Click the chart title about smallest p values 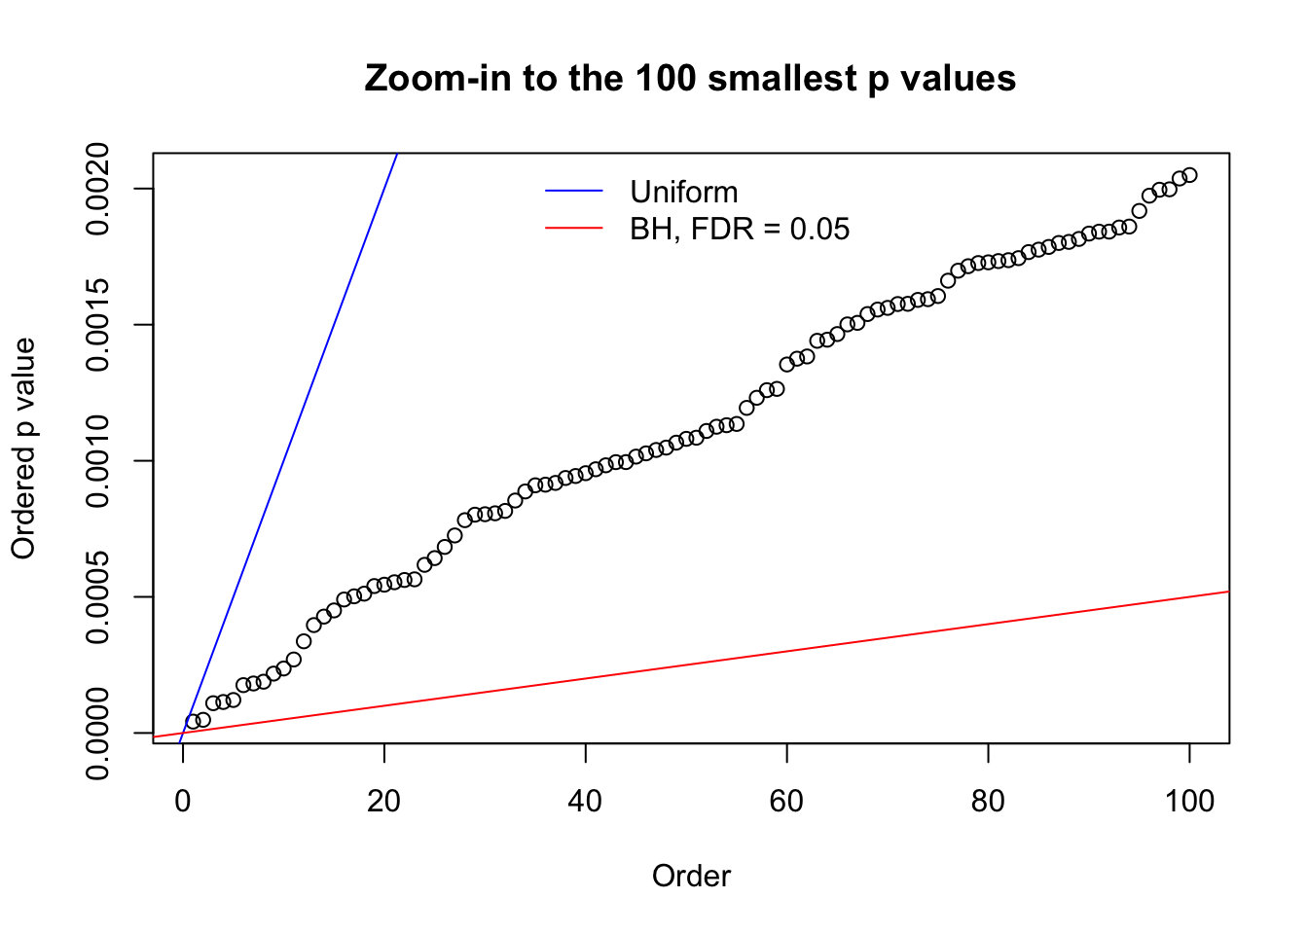point(690,78)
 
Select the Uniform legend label point(683,192)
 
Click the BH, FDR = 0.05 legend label point(740,229)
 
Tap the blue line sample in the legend point(574,192)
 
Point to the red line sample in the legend point(574,229)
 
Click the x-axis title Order point(691,876)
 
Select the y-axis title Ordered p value point(23,449)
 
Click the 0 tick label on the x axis point(183,802)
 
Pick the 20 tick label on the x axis point(384,802)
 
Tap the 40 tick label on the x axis point(586,802)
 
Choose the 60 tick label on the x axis point(786,802)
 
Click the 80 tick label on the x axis point(988,802)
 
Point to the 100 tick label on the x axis point(1189,802)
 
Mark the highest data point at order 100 point(1189,175)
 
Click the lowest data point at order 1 point(193,721)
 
